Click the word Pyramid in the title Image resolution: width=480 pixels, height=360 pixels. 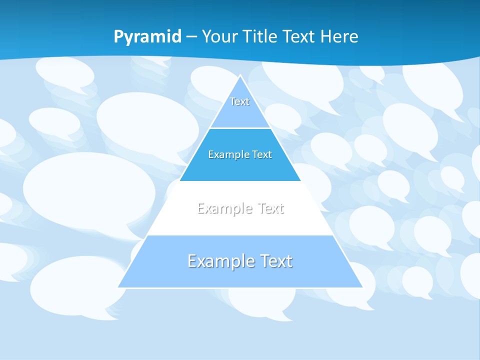tap(147, 37)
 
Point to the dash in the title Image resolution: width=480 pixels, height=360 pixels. tap(191, 37)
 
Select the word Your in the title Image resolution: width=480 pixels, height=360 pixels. tap(218, 36)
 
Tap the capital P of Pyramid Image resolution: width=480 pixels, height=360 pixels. tap(118, 36)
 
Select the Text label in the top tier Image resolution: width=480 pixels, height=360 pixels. tap(239, 101)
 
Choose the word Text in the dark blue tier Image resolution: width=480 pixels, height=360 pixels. tap(262, 154)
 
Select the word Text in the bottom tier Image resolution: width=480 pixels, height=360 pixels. tap(275, 261)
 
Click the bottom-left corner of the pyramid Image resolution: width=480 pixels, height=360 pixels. tap(118, 287)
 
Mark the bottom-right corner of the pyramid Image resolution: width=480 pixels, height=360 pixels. tap(362, 287)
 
